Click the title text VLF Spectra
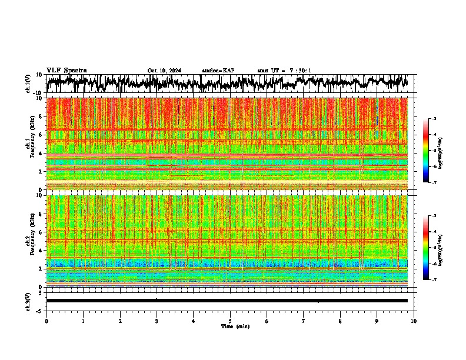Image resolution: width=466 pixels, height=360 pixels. [66, 70]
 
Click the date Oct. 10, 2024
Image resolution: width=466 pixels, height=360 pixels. [164, 71]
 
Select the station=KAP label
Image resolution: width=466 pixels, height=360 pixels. [218, 71]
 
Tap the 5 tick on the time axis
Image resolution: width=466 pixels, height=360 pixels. [230, 321]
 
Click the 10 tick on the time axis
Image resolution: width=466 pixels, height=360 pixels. [414, 321]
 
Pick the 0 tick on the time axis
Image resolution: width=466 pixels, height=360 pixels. [46, 321]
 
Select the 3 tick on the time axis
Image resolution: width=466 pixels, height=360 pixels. [157, 321]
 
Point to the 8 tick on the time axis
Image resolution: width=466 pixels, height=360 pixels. [340, 321]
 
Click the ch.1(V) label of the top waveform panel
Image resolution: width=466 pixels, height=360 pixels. [28, 84]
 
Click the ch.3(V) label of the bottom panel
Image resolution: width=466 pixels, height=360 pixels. [28, 301]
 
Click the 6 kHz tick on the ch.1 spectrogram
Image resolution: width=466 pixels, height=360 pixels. [41, 135]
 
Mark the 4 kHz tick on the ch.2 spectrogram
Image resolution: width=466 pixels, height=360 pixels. [41, 251]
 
